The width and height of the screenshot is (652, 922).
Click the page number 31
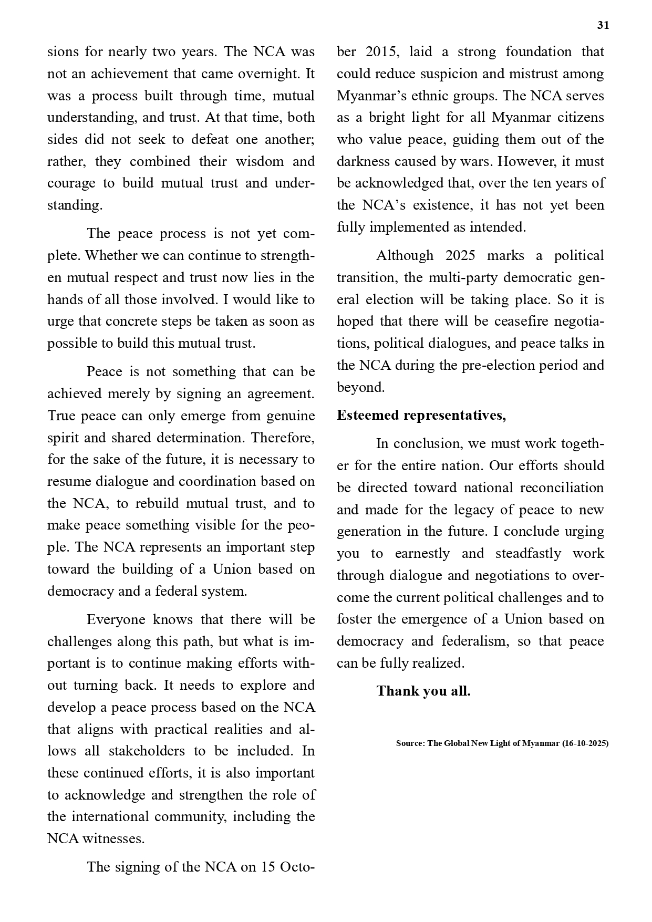tap(603, 25)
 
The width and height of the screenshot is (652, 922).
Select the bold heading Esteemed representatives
tap(421, 415)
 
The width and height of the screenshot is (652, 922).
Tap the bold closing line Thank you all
tap(423, 691)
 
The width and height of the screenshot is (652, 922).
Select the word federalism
tap(475, 641)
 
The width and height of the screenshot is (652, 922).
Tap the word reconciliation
tap(562, 488)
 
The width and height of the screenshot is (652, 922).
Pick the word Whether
tap(108, 255)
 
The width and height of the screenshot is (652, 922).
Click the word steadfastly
tap(528, 553)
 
